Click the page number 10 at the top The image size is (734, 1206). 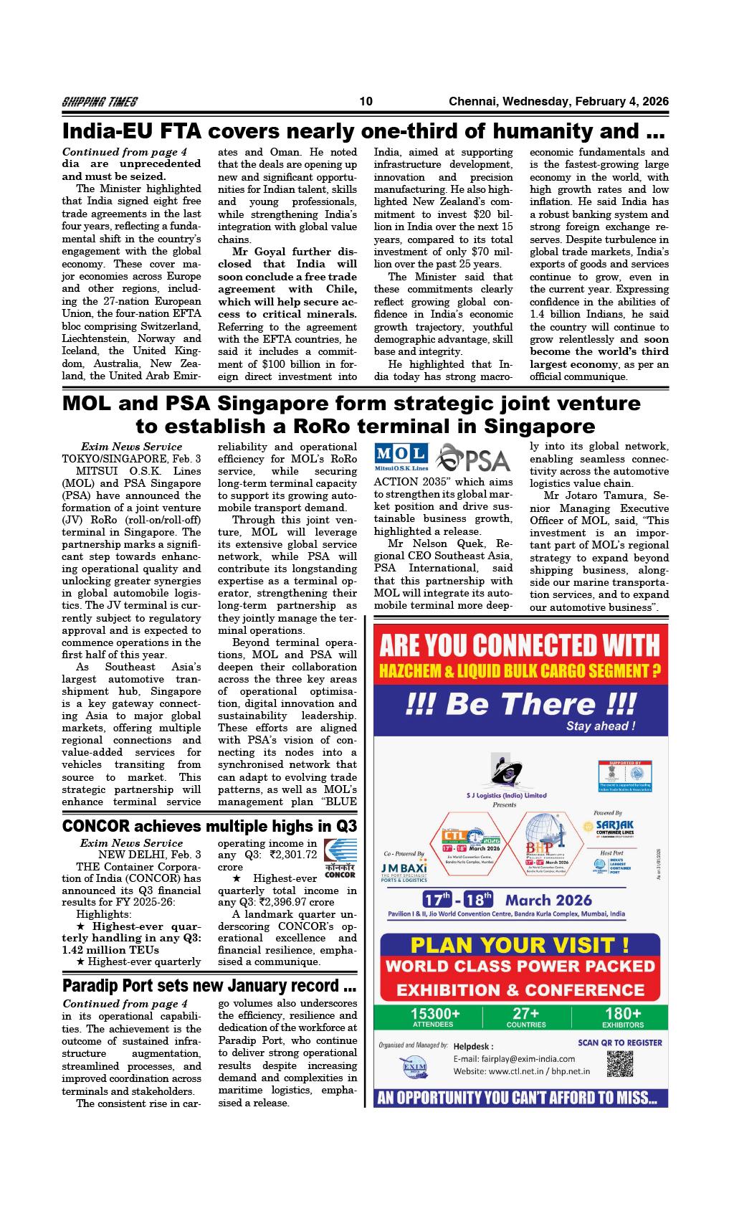(x=366, y=101)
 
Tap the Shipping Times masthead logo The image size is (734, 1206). (x=100, y=102)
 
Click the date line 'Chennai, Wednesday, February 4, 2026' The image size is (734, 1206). (x=558, y=101)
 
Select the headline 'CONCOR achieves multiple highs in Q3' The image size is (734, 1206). (x=209, y=825)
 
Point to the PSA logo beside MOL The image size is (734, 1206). (x=473, y=457)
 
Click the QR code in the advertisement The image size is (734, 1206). (x=620, y=1063)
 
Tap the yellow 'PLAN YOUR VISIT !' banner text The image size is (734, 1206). (x=520, y=944)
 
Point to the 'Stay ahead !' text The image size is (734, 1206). (x=601, y=726)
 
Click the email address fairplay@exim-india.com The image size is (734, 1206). (x=514, y=1058)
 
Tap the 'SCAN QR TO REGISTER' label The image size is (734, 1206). (x=620, y=1043)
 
